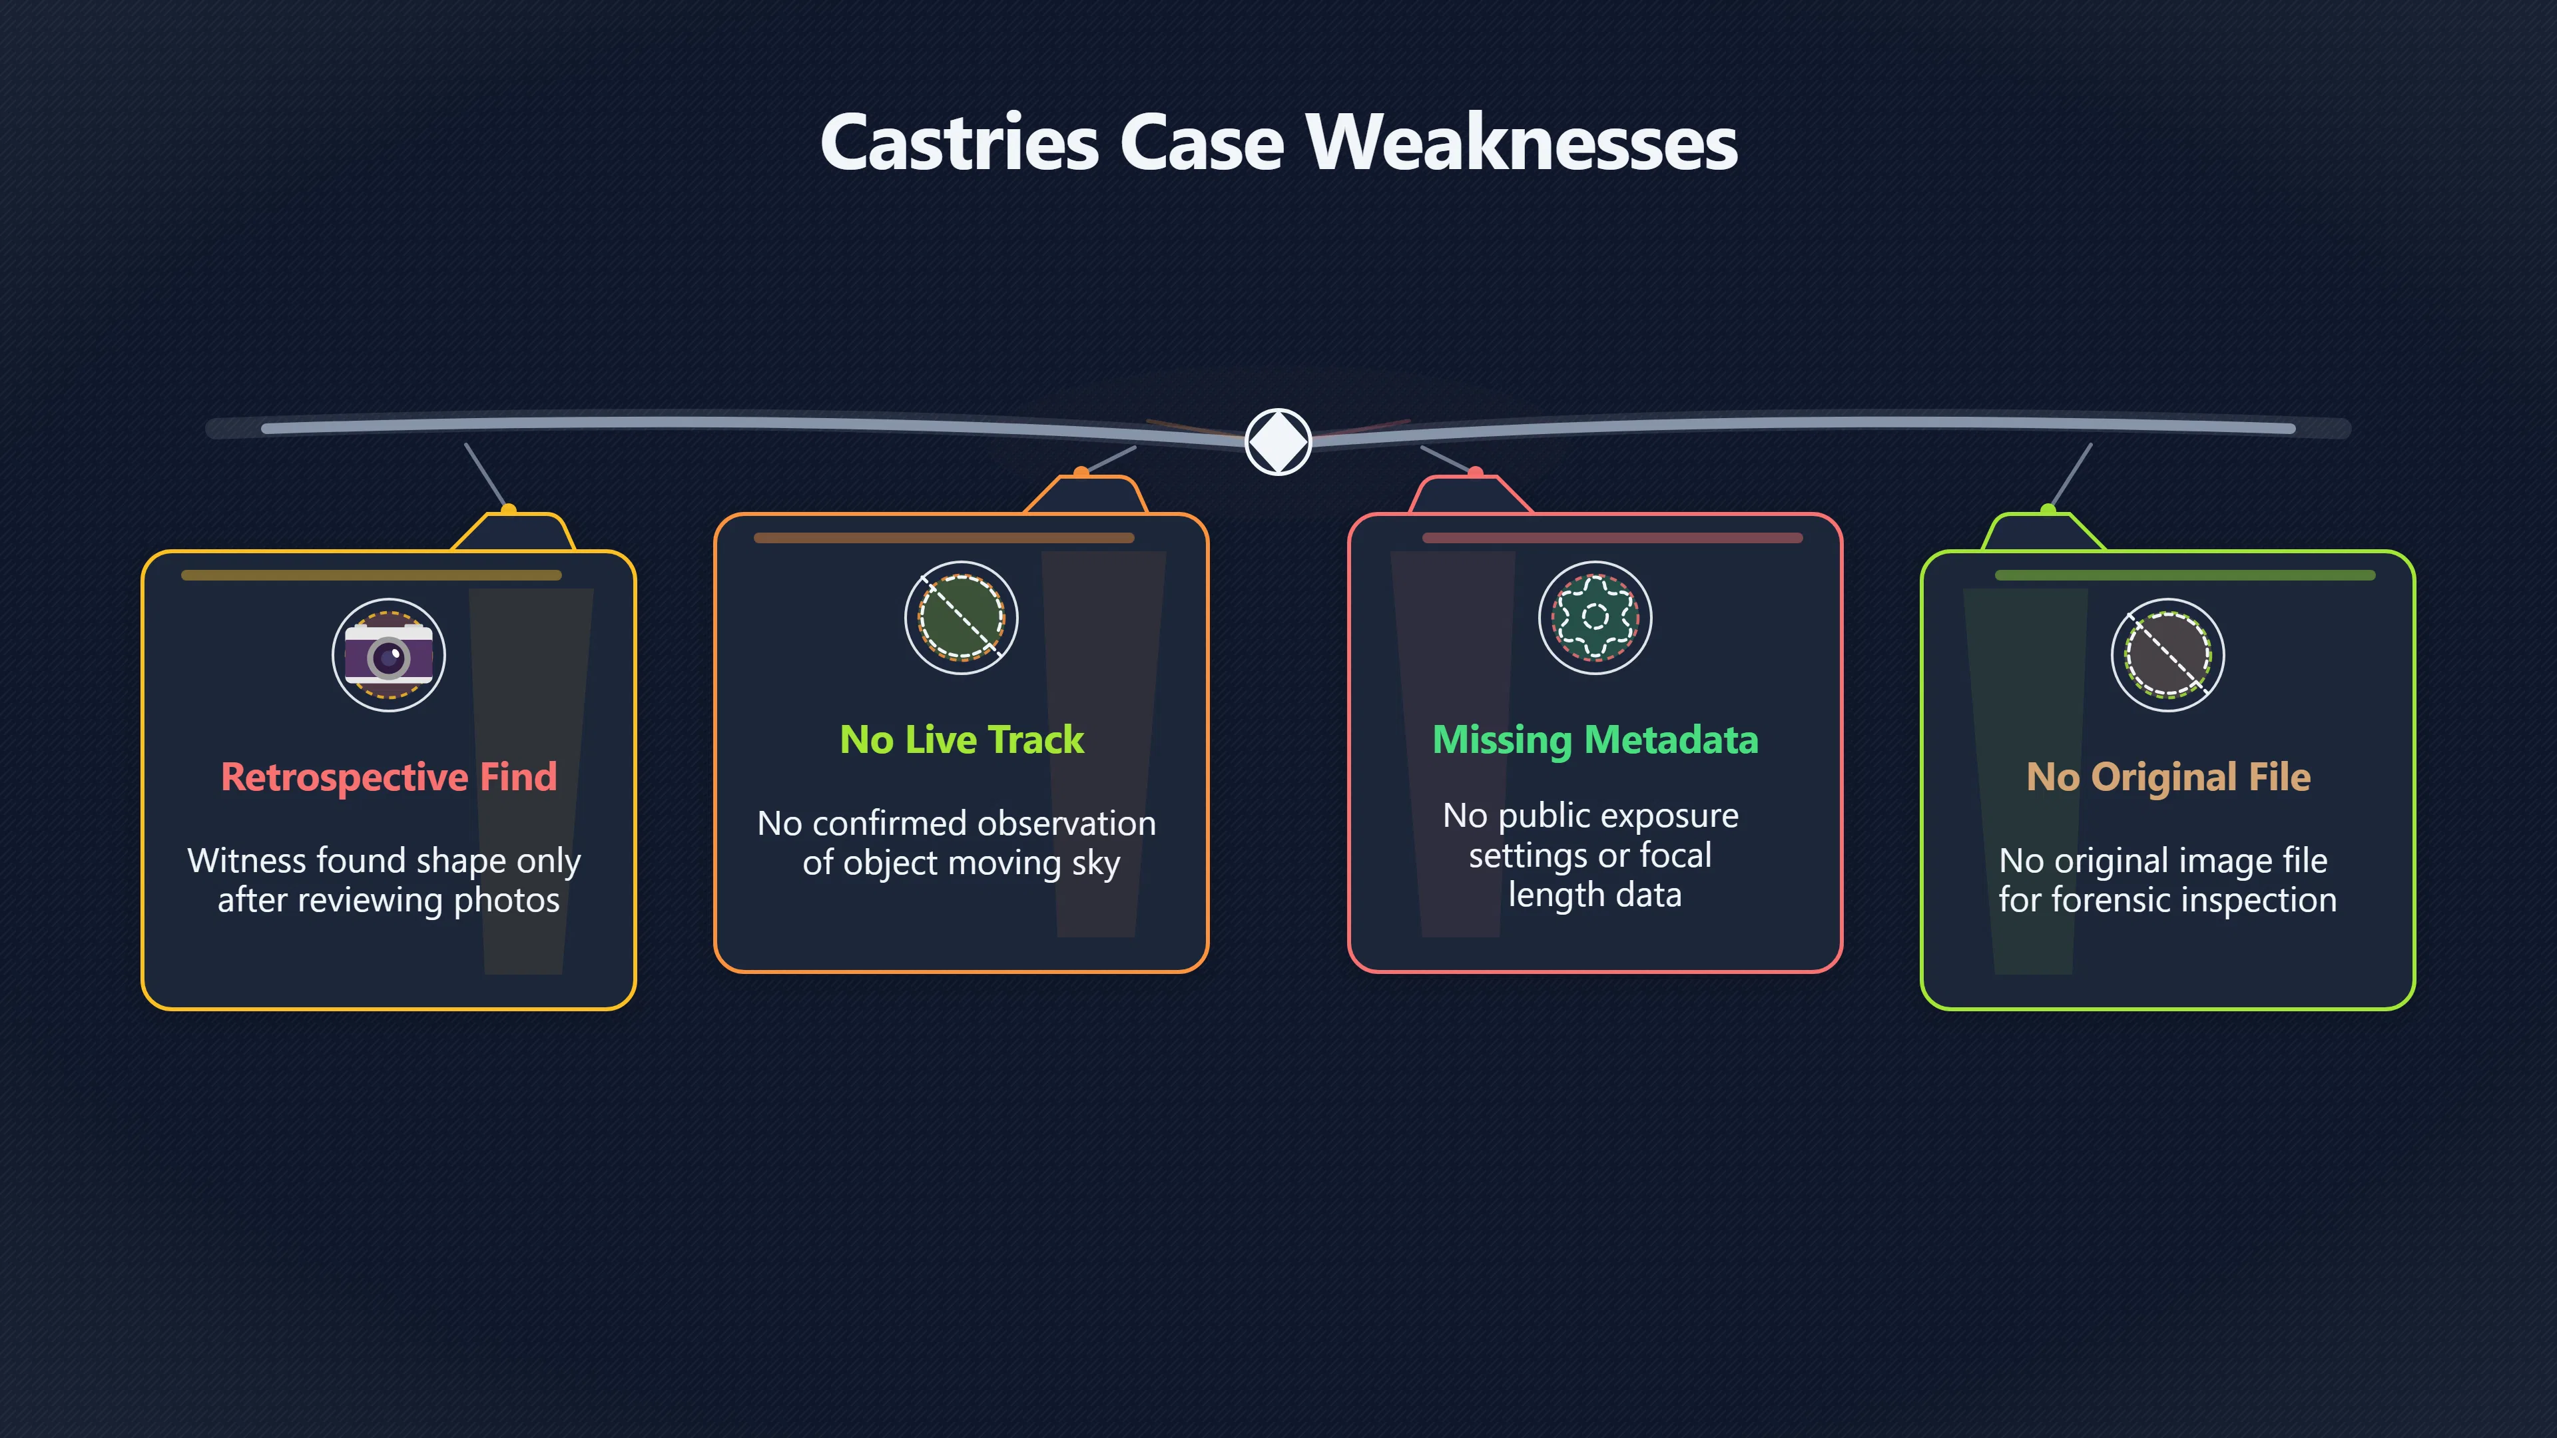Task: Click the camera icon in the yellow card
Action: [x=388, y=655]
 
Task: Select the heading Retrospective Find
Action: [x=388, y=776]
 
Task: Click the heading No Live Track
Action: [x=961, y=740]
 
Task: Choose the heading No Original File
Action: [x=2168, y=776]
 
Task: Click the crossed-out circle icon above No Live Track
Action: [x=961, y=617]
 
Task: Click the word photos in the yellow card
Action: [x=506, y=900]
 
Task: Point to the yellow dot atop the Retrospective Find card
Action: [x=508, y=510]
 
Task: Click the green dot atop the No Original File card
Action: [x=2047, y=510]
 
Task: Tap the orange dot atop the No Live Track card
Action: [x=1081, y=473]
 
